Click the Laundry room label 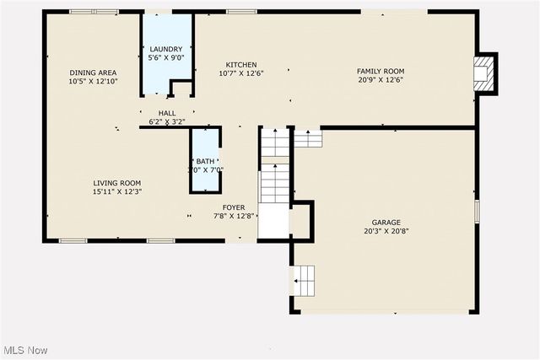(x=166, y=49)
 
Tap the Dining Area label (x=93, y=73)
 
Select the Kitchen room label (x=241, y=65)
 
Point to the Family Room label (x=381, y=72)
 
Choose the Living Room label (x=117, y=183)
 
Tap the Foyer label (x=234, y=207)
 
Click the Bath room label (x=206, y=161)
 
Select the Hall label (x=167, y=113)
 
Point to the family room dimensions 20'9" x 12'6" (x=381, y=81)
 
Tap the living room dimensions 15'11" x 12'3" (x=117, y=192)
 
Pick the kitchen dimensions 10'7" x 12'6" (x=241, y=74)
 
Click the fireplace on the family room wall (x=483, y=73)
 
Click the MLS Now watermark (x=24, y=350)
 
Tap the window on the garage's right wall (x=477, y=212)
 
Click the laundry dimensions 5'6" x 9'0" (x=166, y=58)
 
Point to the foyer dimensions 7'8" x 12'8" (x=234, y=217)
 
